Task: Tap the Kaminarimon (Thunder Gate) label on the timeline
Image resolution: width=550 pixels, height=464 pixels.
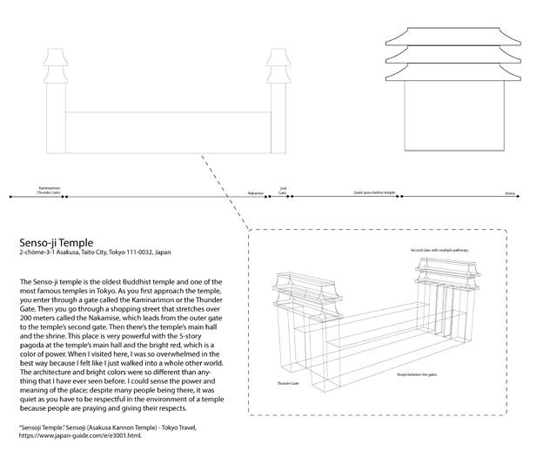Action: pos(49,189)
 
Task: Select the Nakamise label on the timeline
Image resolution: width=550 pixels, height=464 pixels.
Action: pos(255,192)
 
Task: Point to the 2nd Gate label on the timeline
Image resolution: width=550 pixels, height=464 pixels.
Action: pos(283,188)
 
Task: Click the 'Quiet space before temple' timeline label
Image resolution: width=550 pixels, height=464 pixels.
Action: pos(374,192)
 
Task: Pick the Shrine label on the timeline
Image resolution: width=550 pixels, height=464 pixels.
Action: pos(510,192)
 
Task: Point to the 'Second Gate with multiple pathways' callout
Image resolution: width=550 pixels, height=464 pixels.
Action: pos(439,250)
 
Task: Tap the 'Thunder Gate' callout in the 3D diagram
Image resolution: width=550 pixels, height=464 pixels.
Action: pos(289,382)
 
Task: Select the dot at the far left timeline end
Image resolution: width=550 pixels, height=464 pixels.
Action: pos(10,197)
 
